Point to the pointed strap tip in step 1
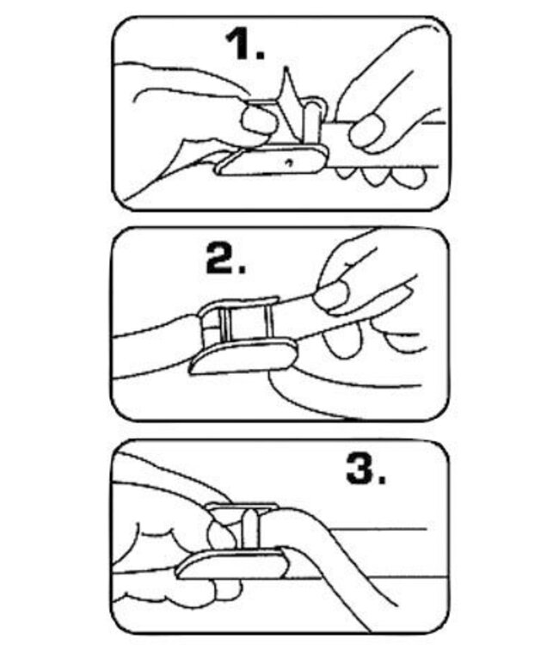286,68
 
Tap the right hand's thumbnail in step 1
367,131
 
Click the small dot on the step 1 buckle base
289,162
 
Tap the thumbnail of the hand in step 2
332,296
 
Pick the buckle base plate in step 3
232,563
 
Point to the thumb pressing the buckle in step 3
222,534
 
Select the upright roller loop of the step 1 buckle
314,120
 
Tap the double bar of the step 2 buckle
224,324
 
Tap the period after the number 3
382,480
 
